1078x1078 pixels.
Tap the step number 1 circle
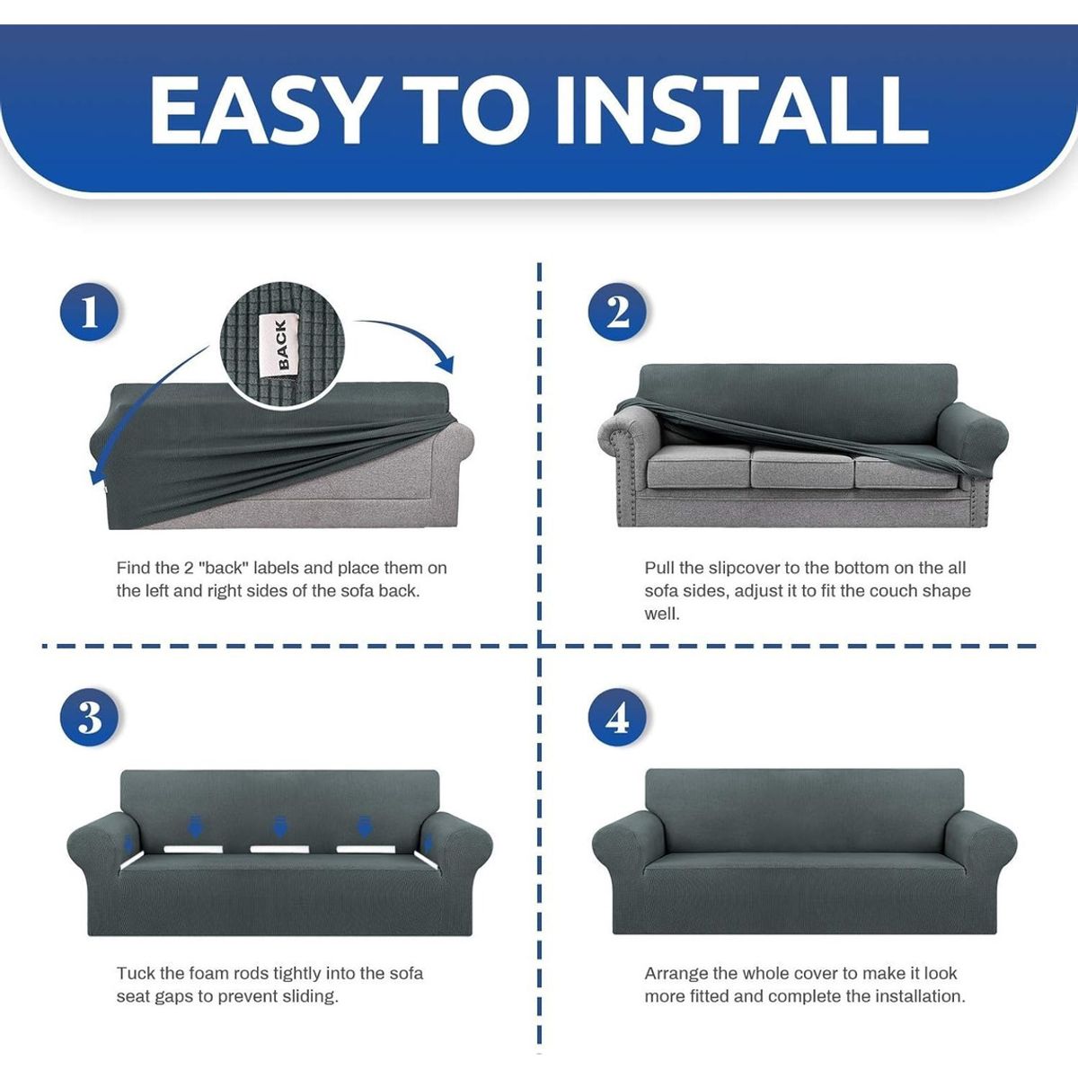tap(90, 314)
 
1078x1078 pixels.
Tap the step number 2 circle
tap(618, 314)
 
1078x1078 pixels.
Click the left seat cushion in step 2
tap(696, 467)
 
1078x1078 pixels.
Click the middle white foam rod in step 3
tap(279, 848)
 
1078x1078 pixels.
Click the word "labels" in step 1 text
tap(277, 568)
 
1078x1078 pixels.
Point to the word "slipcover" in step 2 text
tap(745, 568)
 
